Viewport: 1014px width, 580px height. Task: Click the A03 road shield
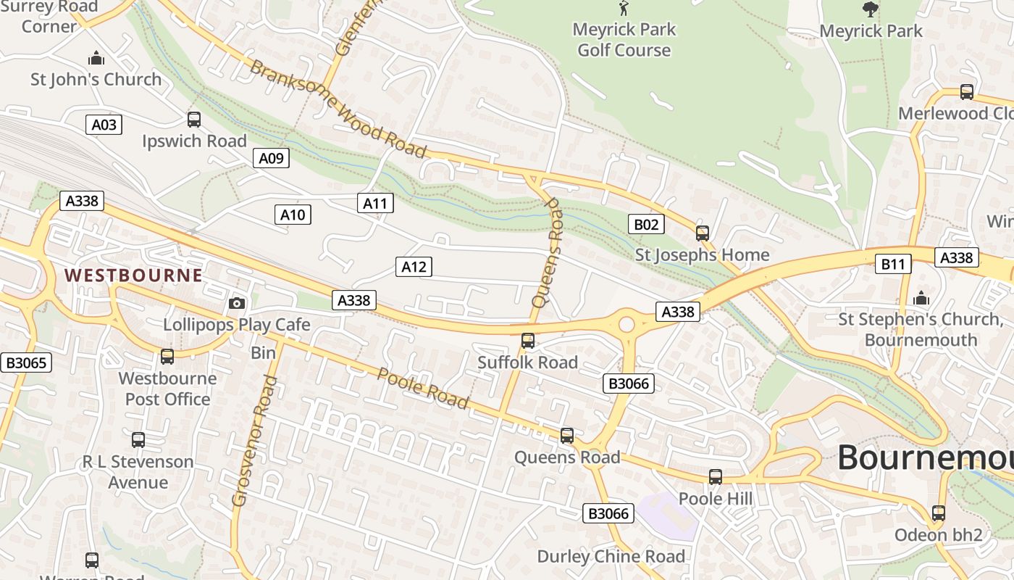coord(104,125)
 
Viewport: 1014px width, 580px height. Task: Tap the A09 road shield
coord(272,158)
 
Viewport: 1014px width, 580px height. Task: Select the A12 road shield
coord(414,267)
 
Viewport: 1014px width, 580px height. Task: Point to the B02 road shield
coord(646,224)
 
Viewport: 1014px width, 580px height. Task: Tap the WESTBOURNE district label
coord(133,275)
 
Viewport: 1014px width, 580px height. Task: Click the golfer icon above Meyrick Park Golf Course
coord(624,9)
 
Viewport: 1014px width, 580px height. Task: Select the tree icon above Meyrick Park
coord(871,9)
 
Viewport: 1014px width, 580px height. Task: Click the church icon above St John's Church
coord(96,58)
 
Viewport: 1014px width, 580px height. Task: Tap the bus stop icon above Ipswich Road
coord(194,120)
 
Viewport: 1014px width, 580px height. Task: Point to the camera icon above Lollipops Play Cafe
coord(236,304)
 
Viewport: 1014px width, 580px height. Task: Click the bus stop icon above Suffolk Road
coord(528,341)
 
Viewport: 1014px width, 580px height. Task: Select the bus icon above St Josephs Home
coord(702,233)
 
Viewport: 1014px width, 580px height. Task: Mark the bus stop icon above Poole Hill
coord(716,477)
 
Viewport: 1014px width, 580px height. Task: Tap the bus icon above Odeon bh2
coord(939,513)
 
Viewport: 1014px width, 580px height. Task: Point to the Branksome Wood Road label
coord(338,109)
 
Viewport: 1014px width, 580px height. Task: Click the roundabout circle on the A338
coord(627,324)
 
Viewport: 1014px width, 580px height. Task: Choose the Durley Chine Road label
coord(611,557)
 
